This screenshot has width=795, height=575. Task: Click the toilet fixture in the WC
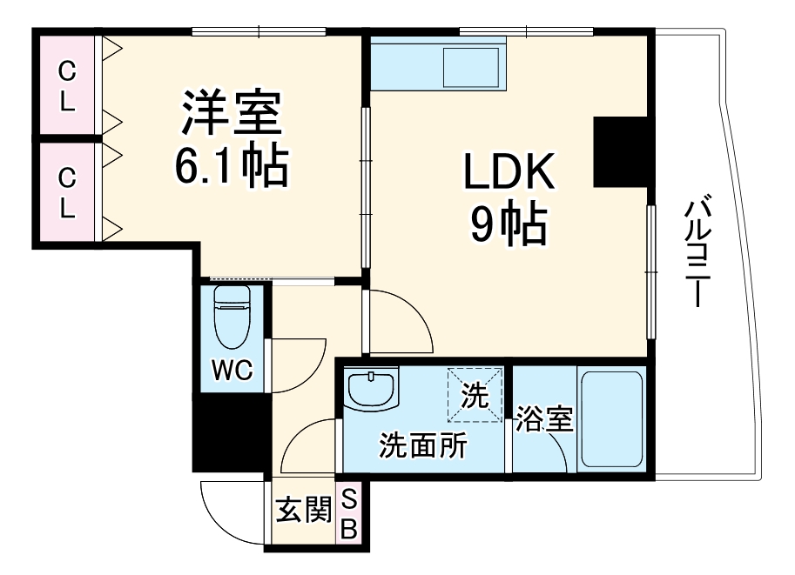click(x=232, y=317)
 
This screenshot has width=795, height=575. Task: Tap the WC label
click(x=232, y=370)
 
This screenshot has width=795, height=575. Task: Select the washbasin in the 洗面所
click(x=371, y=389)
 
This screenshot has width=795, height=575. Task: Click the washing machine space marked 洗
click(x=475, y=395)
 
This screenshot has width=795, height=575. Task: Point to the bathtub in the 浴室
click(x=612, y=419)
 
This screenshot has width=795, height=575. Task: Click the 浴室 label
click(x=544, y=419)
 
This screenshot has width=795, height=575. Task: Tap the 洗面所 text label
click(x=424, y=445)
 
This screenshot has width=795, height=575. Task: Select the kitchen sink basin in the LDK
click(x=471, y=67)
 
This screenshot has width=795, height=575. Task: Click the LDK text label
click(x=509, y=171)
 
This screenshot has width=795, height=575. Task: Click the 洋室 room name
click(x=232, y=112)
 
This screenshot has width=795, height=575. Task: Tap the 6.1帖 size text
click(x=232, y=166)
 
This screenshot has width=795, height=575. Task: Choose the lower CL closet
click(x=67, y=192)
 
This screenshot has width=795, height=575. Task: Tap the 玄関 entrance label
click(x=304, y=509)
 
